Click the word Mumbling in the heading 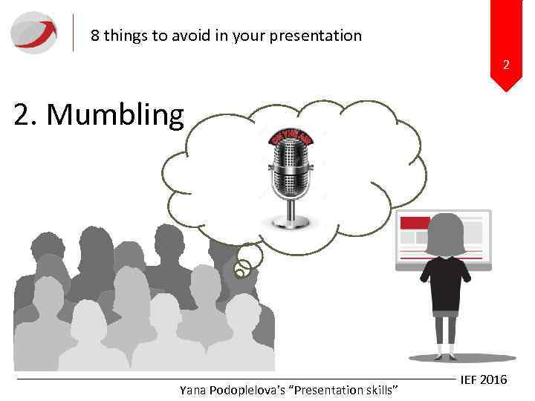click(119, 115)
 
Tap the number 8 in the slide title click(94, 36)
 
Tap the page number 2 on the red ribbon click(506, 65)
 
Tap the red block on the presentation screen click(415, 222)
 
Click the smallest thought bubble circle click(239, 273)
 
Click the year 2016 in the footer click(494, 380)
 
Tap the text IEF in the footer click(469, 380)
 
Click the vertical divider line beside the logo click(74, 33)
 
